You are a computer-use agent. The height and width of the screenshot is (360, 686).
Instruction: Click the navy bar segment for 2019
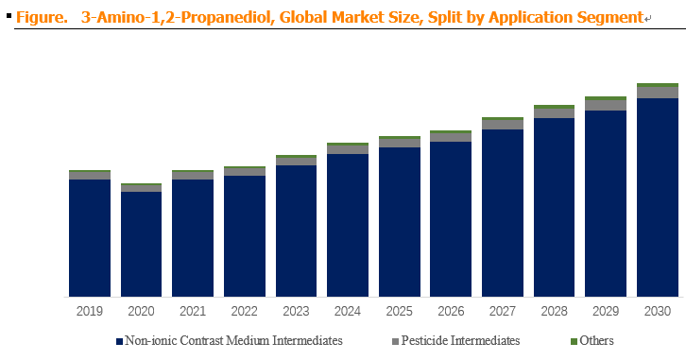pyautogui.click(x=90, y=238)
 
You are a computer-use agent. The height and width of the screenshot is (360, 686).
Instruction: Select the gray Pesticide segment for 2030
pyautogui.click(x=657, y=93)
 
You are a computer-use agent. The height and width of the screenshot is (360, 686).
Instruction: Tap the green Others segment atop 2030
pyautogui.click(x=657, y=85)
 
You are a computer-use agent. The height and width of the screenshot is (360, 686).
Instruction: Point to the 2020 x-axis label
pyautogui.click(x=141, y=311)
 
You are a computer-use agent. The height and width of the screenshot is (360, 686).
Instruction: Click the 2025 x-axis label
pyautogui.click(x=399, y=311)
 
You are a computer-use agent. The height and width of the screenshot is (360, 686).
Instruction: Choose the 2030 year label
pyautogui.click(x=657, y=311)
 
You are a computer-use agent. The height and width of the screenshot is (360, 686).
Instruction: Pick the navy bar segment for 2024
pyautogui.click(x=348, y=225)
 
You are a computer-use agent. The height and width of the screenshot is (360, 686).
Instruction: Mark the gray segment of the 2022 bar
pyautogui.click(x=245, y=171)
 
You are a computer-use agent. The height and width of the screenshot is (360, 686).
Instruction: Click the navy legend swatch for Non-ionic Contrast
pyautogui.click(x=119, y=342)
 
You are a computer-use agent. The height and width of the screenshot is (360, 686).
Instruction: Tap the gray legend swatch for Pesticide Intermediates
pyautogui.click(x=396, y=342)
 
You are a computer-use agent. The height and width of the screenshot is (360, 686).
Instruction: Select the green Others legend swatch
pyautogui.click(x=574, y=342)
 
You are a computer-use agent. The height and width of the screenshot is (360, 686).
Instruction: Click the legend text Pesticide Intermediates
pyautogui.click(x=460, y=340)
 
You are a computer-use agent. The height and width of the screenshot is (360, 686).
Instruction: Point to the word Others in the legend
pyautogui.click(x=596, y=340)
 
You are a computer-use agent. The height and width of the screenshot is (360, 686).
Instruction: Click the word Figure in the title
pyautogui.click(x=42, y=18)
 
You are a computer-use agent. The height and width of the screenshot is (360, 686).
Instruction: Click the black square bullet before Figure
pyautogui.click(x=9, y=16)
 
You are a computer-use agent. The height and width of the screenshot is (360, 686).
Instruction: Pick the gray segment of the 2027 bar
pyautogui.click(x=503, y=124)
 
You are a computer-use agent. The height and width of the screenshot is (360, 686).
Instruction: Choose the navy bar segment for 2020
pyautogui.click(x=142, y=244)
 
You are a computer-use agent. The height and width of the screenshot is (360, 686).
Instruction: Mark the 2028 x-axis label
pyautogui.click(x=554, y=311)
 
